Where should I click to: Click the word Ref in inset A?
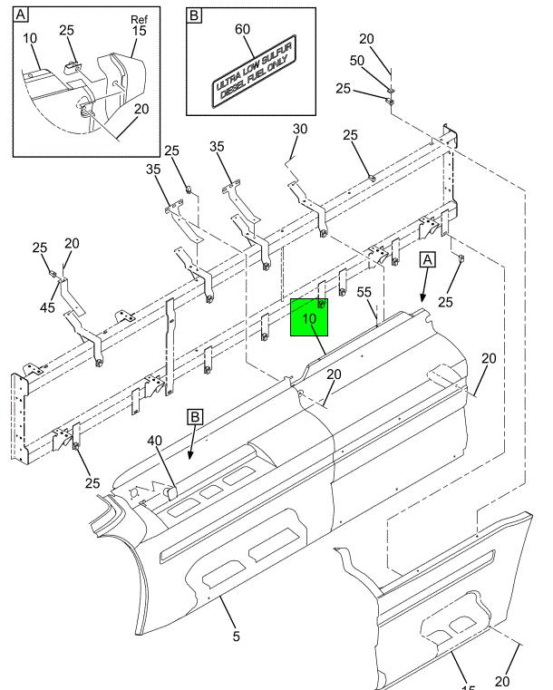tap(137, 18)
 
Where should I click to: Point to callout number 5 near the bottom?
tap(236, 637)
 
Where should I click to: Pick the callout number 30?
tap(300, 131)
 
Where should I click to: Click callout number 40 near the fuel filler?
tap(155, 442)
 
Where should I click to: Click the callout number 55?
tap(364, 293)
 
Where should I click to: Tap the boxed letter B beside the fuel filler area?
tap(195, 417)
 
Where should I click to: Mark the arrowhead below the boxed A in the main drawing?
tap(422, 298)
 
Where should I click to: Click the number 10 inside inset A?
tap(29, 38)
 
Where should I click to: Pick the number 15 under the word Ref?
tap(139, 32)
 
